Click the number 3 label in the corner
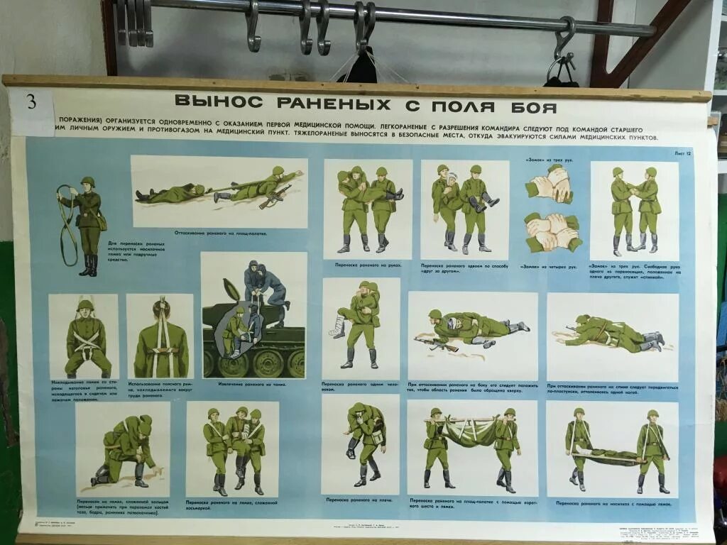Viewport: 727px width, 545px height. point(31,101)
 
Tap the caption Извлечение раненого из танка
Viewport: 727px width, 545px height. point(253,384)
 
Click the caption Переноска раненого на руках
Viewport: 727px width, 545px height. point(366,264)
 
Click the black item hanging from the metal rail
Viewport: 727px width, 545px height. point(361,67)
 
